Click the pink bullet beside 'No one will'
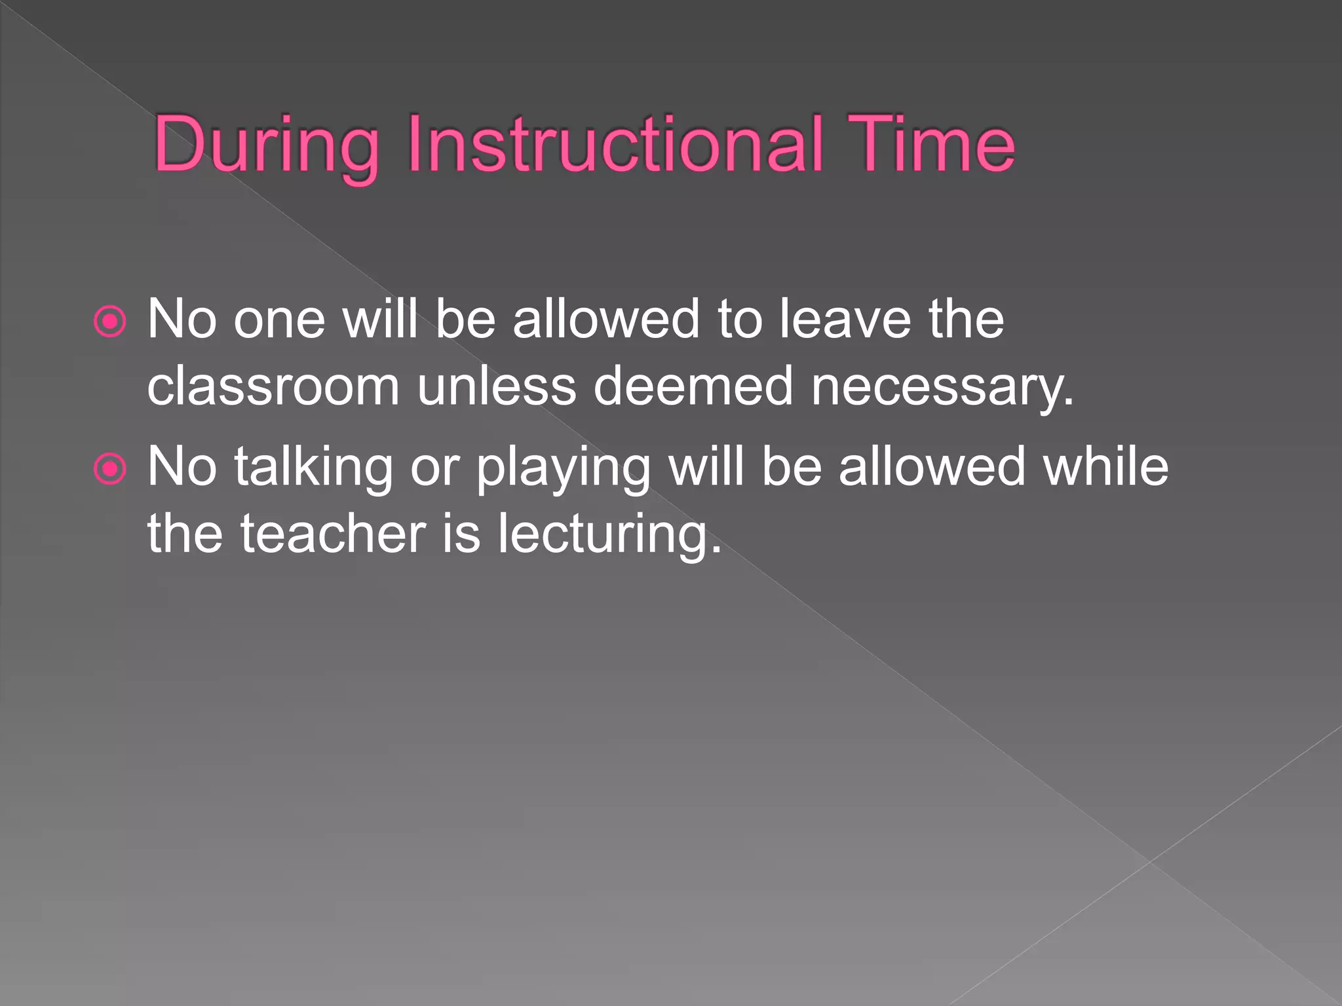tap(109, 322)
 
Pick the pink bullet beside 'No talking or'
tap(109, 469)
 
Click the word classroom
tap(273, 386)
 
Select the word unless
tap(497, 386)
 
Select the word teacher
tap(334, 534)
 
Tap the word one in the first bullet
tap(279, 321)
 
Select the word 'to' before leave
tap(739, 320)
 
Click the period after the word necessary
tap(1069, 401)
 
